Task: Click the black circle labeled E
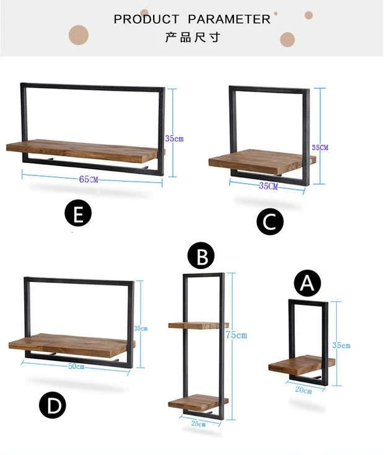pos(78,214)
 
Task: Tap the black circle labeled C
pos(270,222)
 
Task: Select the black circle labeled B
pos(201,255)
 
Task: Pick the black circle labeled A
pos(307,283)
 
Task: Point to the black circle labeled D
pos(53,406)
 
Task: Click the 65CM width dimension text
pos(89,179)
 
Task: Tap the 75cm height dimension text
pos(236,335)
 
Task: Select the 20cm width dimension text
pos(303,390)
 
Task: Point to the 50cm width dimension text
pos(76,366)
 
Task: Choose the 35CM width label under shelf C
pos(268,186)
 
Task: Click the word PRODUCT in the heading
pos(147,19)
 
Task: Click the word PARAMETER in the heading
pos(229,19)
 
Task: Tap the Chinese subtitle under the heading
pos(192,37)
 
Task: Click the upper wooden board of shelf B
pos(198,325)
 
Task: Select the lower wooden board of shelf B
pos(198,402)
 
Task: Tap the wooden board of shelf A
pos(301,364)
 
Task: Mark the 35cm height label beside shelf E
pos(174,138)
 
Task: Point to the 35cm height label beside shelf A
pos(341,345)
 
